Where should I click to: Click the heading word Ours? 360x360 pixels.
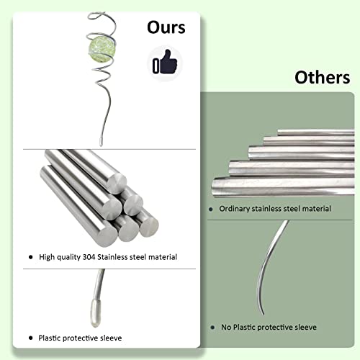[x=166, y=27]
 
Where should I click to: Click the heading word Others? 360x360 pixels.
[x=323, y=77]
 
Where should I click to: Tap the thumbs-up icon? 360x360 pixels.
[x=165, y=62]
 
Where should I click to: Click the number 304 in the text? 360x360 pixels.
[x=89, y=257]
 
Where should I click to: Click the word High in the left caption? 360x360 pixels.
[x=47, y=257]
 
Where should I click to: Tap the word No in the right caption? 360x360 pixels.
[x=226, y=327]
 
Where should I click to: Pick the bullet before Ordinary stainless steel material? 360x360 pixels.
[x=211, y=210]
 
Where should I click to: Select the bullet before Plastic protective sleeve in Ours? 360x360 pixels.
[x=30, y=338]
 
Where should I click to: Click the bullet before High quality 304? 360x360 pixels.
[x=30, y=257]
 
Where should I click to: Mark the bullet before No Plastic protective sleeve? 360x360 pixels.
[x=212, y=328]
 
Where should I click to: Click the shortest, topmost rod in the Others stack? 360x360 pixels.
[x=316, y=132]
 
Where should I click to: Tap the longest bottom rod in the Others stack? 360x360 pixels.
[x=283, y=187]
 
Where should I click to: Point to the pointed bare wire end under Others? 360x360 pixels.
[x=263, y=313]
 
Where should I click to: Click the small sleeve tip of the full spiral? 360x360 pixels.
[x=101, y=142]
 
